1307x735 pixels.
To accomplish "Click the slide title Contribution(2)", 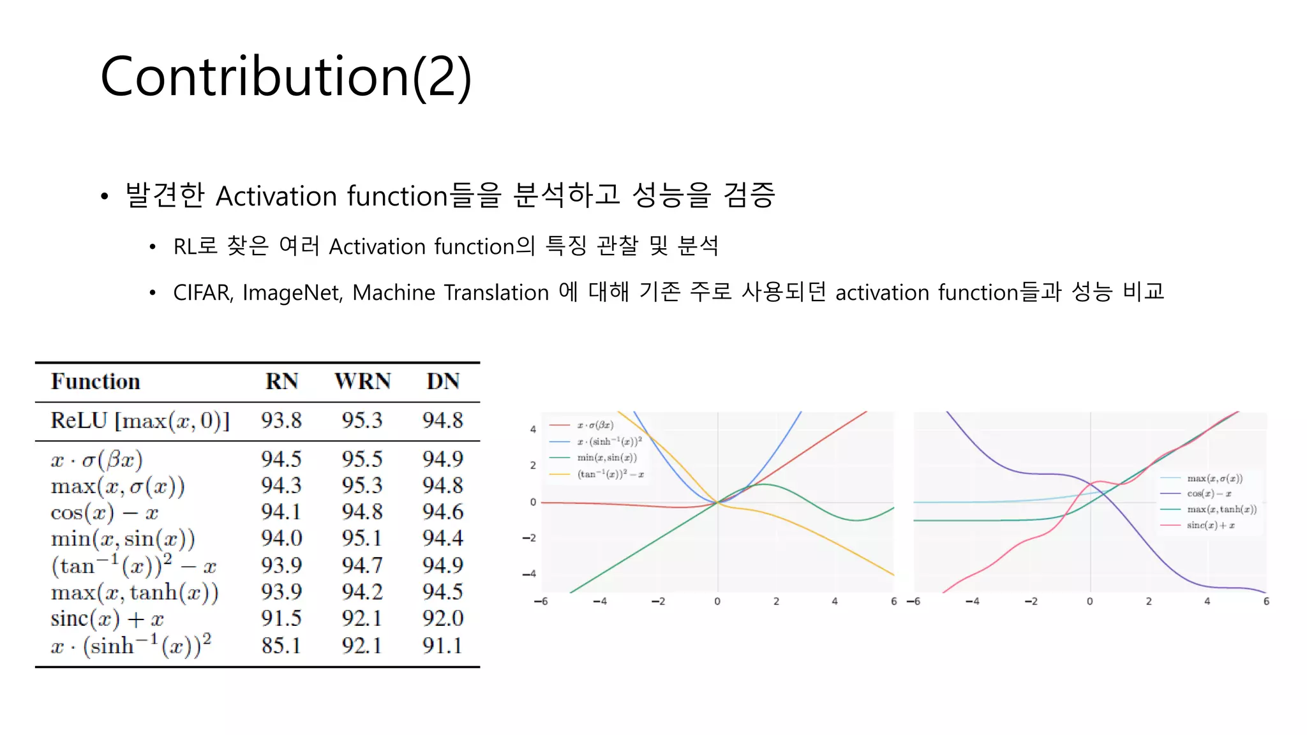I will pos(285,77).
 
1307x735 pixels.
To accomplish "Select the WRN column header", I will pos(362,382).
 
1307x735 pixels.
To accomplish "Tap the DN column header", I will pos(443,382).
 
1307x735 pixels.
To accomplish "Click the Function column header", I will pos(96,382).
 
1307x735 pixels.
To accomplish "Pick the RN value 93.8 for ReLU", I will pos(281,420).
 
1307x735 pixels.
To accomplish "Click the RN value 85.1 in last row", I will pos(281,646).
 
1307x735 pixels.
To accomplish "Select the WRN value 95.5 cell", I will pos(362,459).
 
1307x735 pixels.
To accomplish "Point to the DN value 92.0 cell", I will pos(443,618).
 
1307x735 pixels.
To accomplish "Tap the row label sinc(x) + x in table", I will pos(107,619).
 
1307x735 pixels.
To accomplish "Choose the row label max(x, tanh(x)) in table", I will pos(135,592).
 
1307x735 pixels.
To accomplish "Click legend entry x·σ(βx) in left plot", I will pos(595,425).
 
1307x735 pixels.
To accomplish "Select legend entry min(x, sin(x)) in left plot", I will pos(606,457).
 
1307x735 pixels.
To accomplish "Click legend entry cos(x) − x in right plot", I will pos(1209,493).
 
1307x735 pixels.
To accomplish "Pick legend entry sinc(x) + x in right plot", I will pos(1211,525).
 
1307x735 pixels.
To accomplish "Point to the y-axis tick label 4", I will pos(533,429).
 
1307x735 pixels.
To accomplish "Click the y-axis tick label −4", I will pos(530,574).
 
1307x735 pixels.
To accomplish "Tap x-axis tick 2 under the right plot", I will pos(1149,602).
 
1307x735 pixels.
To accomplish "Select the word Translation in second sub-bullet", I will pos(496,293).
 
